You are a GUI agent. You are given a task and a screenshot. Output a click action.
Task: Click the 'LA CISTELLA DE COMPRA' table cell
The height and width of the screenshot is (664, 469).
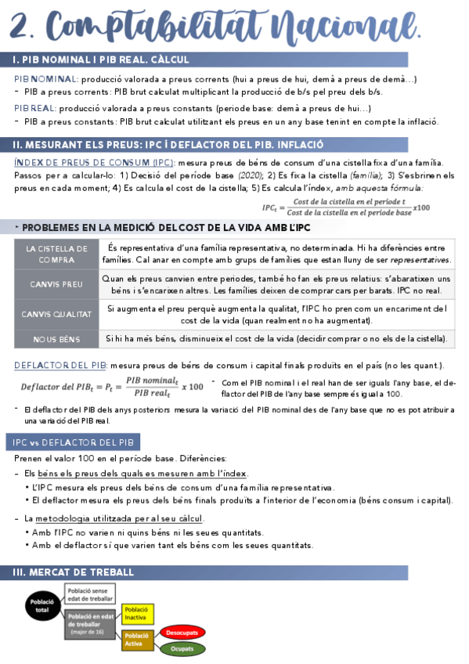point(56,254)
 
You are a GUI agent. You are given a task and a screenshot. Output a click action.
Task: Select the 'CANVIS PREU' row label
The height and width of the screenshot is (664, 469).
point(56,283)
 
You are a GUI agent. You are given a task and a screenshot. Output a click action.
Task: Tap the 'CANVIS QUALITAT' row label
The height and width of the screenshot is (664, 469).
point(56,314)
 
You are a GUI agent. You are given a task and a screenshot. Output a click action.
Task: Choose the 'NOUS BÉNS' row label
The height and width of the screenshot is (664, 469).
point(56,339)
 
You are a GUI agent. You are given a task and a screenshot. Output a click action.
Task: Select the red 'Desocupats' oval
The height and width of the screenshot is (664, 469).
point(182,631)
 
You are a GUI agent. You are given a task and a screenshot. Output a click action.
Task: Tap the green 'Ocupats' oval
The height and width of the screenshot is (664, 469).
point(182,649)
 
